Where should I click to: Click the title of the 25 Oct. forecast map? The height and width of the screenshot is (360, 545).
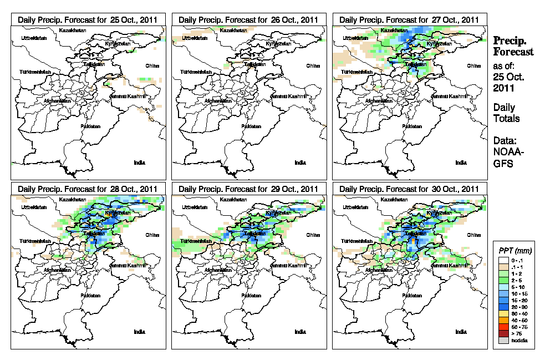point(88,19)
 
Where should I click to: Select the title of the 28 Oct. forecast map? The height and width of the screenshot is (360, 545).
point(88,189)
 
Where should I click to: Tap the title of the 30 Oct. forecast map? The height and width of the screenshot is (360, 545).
point(409,189)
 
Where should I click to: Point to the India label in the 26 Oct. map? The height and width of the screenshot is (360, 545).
point(300,163)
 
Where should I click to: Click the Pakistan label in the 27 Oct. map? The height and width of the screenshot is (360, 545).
point(411,126)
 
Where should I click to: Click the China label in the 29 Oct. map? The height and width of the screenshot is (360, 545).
point(313,235)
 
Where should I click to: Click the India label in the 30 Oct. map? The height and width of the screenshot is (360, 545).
point(461,332)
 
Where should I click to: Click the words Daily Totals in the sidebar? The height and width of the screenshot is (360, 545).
point(506,113)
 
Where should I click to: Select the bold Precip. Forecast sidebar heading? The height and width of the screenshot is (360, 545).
point(513,45)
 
